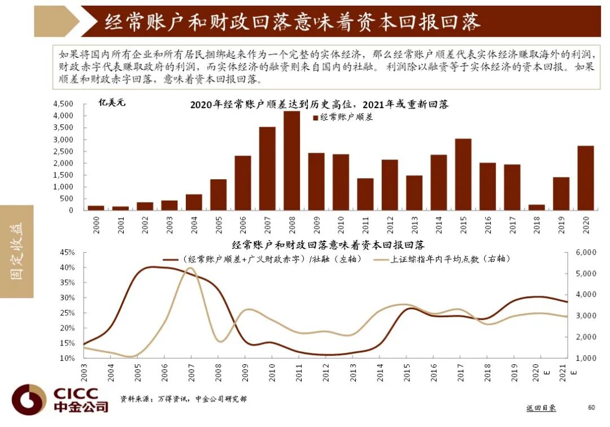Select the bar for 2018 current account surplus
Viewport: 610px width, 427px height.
click(x=536, y=207)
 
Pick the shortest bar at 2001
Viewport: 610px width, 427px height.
click(x=120, y=208)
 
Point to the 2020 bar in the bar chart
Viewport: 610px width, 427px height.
click(x=585, y=178)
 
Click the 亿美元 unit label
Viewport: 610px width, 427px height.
click(x=112, y=103)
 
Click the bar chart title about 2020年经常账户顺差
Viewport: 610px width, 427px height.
click(x=319, y=105)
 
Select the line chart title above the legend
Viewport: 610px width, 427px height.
click(x=328, y=245)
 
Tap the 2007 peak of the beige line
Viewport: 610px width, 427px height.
click(x=190, y=269)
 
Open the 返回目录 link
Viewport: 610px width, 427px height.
click(x=541, y=408)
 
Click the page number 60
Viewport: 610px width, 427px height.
click(x=591, y=408)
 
